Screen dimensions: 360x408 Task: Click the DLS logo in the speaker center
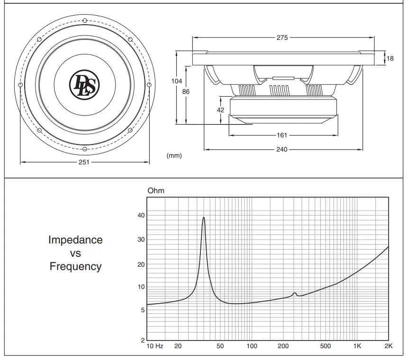coord(84,85)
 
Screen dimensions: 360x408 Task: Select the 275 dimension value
coord(282,38)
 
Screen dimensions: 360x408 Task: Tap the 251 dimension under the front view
coord(84,162)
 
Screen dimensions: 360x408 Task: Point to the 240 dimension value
coord(282,150)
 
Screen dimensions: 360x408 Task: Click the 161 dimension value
coord(282,135)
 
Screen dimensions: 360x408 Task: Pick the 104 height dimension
coord(176,81)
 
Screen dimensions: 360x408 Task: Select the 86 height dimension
coord(186,91)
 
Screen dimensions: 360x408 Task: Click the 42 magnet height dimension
coord(220,109)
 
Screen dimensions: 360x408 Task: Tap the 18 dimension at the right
coord(390,59)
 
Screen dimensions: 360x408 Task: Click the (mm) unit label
coord(174,155)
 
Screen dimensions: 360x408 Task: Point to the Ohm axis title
coord(156,191)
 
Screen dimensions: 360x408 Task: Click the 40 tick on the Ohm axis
coord(141,216)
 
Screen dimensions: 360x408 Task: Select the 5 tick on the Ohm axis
coord(142,310)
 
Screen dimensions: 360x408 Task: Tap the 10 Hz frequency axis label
coord(155,346)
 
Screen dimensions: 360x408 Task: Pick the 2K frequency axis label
coord(388,346)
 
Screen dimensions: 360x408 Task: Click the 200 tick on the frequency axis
coord(283,346)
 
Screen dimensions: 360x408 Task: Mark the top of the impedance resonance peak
coord(204,217)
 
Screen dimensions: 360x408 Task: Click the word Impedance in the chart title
coord(75,240)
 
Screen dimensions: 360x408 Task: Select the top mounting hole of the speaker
coord(84,20)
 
